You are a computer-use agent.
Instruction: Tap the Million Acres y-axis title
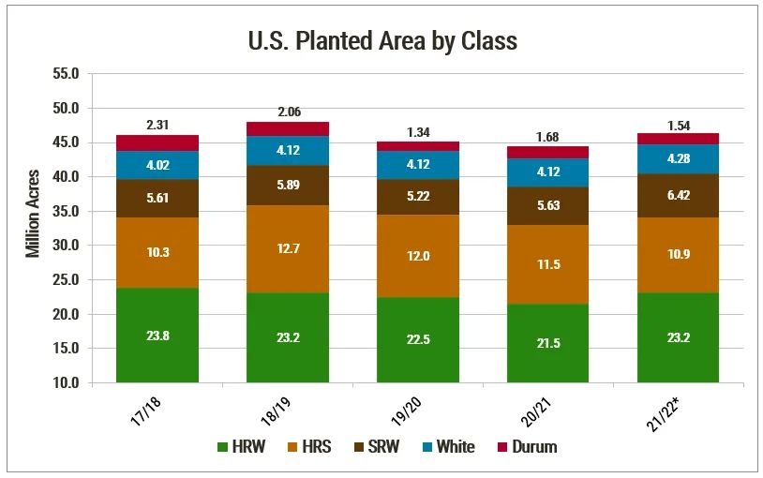coord(33,213)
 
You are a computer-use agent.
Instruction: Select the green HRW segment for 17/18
coord(157,335)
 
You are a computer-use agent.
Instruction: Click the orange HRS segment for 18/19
coord(288,258)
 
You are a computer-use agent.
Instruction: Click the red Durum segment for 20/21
coord(548,152)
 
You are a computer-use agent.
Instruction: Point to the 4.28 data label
coord(678,158)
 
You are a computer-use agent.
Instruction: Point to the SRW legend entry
coord(373,447)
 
